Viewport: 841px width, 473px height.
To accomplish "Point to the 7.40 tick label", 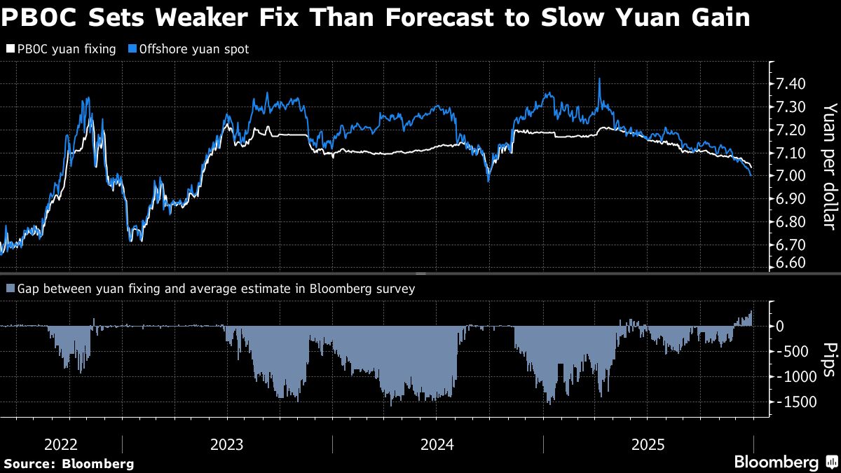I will (x=791, y=84).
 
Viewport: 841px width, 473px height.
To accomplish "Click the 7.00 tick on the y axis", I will (x=791, y=176).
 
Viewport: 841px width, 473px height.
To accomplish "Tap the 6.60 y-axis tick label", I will (x=791, y=263).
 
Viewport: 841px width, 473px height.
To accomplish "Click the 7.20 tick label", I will (x=791, y=130).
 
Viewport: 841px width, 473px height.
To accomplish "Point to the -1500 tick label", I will (x=795, y=402).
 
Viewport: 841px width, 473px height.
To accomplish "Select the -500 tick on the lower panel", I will (x=798, y=352).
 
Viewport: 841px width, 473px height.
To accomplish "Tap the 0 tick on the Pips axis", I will (x=779, y=327).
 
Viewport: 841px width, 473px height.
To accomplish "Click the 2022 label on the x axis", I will (x=62, y=444).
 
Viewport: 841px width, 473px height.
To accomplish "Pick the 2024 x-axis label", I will (x=437, y=444).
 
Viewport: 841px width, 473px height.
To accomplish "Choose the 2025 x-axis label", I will (x=648, y=444).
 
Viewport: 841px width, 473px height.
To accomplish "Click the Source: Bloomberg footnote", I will (x=69, y=464).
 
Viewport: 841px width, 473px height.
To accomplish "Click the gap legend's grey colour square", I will (x=11, y=289).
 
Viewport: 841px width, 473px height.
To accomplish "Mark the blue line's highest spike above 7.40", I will (x=600, y=78).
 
